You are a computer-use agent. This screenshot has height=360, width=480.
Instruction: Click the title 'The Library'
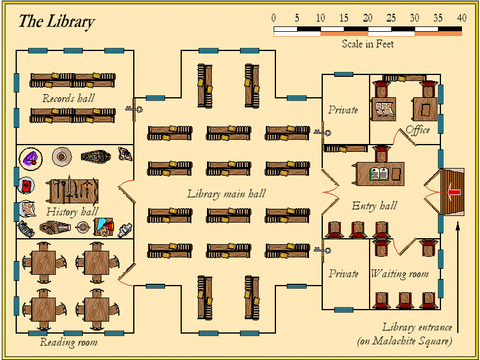coord(56,22)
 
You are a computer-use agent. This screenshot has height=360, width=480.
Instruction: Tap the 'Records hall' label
coord(68,98)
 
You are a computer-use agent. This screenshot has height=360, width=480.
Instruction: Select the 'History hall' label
coord(72,211)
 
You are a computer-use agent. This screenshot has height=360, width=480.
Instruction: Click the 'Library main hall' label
coord(226,194)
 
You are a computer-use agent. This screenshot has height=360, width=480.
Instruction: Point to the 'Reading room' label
coord(68,343)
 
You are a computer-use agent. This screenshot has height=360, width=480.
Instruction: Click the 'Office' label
coord(418,130)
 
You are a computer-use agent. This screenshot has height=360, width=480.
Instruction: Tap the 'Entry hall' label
coord(374,206)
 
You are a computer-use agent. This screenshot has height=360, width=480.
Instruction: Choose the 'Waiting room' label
coord(400,274)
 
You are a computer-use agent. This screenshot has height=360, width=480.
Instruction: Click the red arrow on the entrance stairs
coord(454,192)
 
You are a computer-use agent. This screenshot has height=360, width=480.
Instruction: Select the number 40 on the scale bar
coord(461,17)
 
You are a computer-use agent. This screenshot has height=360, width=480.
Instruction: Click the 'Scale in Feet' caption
coord(368,44)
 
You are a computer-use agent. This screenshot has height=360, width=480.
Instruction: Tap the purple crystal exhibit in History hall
coord(31,158)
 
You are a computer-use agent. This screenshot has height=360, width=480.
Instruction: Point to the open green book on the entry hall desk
coord(379,174)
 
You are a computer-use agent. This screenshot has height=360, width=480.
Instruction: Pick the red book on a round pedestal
coord(26,185)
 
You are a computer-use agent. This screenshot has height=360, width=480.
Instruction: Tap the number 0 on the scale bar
coord(274,17)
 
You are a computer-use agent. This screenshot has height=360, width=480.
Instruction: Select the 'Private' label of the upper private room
coord(343,110)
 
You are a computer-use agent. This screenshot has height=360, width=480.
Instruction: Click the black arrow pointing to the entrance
coord(458,276)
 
